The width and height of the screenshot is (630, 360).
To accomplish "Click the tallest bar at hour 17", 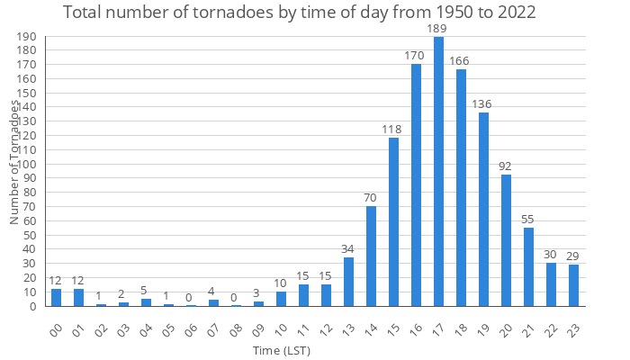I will tap(438, 171).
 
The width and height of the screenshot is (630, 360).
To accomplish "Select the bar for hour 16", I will tap(416, 184).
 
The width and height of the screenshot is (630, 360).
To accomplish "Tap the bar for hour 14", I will tap(371, 256).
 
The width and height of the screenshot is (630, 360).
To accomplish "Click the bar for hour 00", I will tap(56, 297).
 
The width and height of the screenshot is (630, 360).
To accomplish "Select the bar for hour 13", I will tap(348, 282).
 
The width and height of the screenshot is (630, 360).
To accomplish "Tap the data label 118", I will tap(393, 130).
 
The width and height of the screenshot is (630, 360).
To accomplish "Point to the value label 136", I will tap(483, 104).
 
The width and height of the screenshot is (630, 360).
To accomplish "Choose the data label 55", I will tap(528, 220).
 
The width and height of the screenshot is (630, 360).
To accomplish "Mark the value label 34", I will tap(348, 249).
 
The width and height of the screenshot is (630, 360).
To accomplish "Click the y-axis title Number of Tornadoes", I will tap(14, 162).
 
